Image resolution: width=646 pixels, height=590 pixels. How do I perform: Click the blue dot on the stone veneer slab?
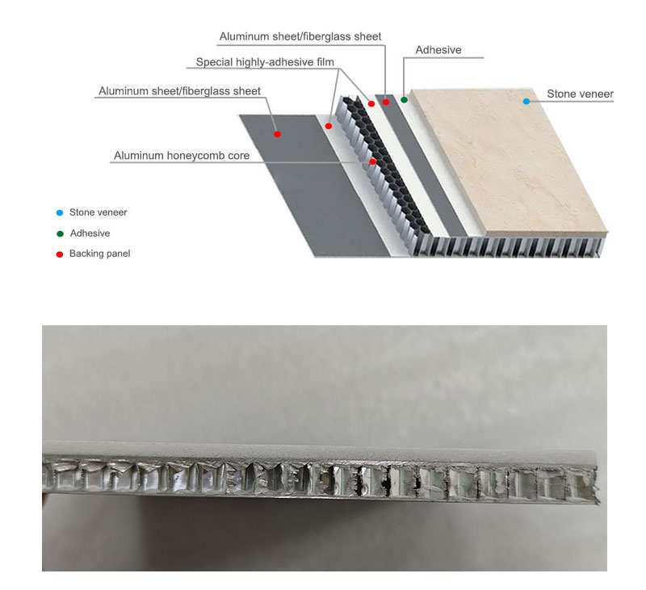click(x=526, y=101)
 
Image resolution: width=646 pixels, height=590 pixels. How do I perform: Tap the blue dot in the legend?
click(x=59, y=212)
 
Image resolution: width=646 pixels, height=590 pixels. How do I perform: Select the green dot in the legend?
click(x=59, y=233)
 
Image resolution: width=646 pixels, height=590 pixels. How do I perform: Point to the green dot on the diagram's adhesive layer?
click(x=404, y=99)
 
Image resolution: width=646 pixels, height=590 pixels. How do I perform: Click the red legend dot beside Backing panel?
click(x=59, y=254)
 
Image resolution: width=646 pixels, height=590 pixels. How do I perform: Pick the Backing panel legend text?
click(x=99, y=254)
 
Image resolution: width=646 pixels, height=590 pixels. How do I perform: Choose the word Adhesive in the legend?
click(x=90, y=233)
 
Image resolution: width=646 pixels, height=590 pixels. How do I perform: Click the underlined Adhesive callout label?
click(x=438, y=50)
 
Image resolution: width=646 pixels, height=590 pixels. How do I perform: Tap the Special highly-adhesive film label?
click(x=265, y=62)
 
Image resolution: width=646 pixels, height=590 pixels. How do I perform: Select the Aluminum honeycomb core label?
click(x=182, y=155)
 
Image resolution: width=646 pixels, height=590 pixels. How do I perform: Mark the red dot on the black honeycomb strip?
click(x=372, y=162)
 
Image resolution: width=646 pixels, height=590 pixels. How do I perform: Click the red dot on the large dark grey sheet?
click(x=276, y=133)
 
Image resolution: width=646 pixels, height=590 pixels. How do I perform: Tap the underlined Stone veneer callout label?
click(x=580, y=94)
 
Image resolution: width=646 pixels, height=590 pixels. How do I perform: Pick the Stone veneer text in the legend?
click(x=98, y=212)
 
